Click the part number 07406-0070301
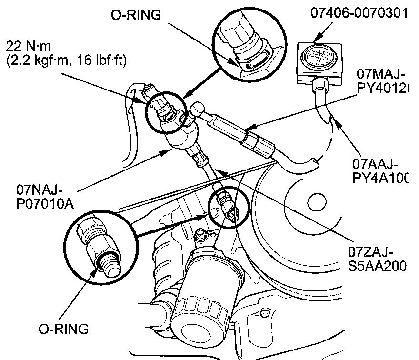[x=359, y=12]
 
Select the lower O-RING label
[x=64, y=329]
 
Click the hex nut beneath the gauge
[x=320, y=85]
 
